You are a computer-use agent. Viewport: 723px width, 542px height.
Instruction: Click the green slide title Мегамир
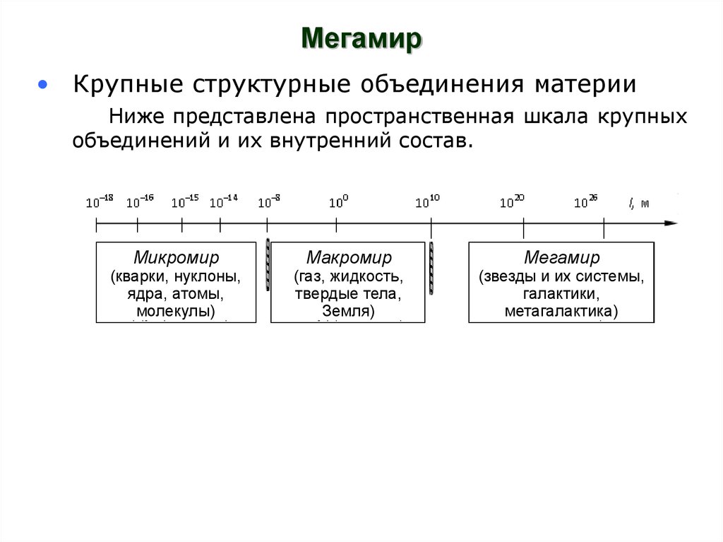362,38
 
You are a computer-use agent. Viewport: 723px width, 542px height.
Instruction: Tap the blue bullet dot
44,85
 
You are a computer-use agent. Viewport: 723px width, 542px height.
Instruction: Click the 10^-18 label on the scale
100,202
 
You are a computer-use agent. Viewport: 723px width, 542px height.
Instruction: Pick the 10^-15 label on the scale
184,202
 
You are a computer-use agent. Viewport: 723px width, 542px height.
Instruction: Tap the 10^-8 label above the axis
268,202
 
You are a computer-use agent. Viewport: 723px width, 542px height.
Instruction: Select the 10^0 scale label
338,202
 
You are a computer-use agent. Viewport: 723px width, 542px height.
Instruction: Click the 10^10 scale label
427,202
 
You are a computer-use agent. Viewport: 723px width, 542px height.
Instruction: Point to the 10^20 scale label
512,202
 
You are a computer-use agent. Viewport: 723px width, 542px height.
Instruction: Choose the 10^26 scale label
585,202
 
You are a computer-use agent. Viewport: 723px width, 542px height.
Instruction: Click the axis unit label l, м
638,203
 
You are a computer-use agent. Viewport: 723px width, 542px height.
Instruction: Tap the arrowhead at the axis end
670,223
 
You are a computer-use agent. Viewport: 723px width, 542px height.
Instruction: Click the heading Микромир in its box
176,257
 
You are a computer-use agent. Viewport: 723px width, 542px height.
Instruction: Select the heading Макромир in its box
349,257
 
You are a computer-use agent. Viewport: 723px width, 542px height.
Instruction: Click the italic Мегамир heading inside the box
561,257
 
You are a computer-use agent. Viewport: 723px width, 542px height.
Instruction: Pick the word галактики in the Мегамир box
561,293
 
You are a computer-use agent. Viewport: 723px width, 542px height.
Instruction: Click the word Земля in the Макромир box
345,311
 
